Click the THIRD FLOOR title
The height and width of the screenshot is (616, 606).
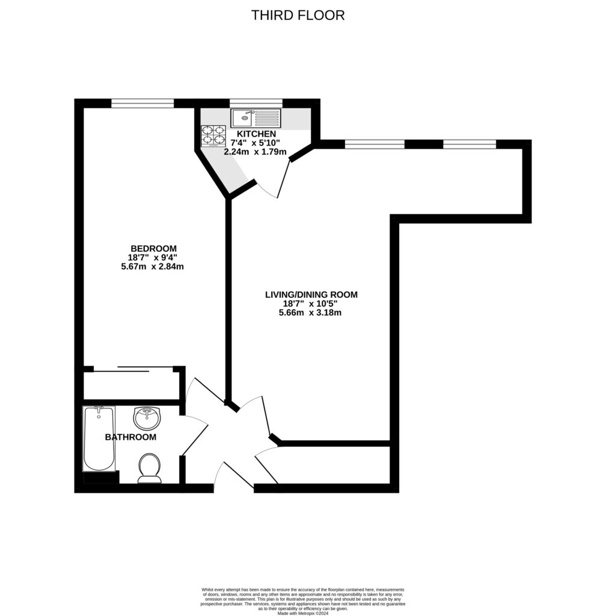click(x=298, y=16)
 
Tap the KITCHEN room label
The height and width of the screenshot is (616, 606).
click(x=256, y=134)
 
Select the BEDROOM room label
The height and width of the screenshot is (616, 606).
click(x=153, y=248)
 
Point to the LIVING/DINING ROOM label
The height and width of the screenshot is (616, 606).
click(x=311, y=295)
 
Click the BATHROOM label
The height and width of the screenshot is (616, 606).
click(x=130, y=437)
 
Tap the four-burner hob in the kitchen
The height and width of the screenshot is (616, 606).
click(x=213, y=136)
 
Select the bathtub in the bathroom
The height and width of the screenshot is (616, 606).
click(x=99, y=439)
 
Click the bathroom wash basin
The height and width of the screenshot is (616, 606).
click(x=147, y=417)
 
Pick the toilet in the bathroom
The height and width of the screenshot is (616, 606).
click(x=149, y=469)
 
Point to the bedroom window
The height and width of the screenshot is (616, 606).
click(x=142, y=103)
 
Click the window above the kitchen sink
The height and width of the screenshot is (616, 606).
click(x=256, y=103)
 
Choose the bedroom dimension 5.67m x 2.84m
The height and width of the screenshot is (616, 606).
click(x=152, y=266)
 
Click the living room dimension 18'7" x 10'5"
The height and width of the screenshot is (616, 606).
click(x=311, y=304)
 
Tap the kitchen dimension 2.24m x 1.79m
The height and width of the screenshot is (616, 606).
click(x=255, y=152)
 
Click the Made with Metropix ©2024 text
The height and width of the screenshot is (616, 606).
click(x=302, y=614)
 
